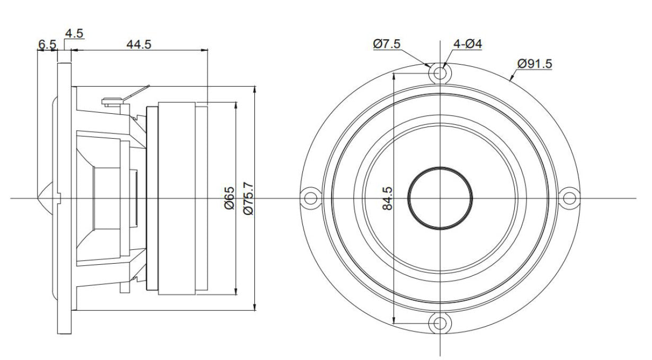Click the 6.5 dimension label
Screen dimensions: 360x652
click(47, 44)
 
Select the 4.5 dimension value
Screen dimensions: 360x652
click(74, 33)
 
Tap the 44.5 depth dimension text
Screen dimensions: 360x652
click(138, 44)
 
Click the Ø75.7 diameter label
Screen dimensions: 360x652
click(248, 197)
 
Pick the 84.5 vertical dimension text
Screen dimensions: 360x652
click(387, 197)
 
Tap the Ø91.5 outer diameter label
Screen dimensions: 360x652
click(534, 64)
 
